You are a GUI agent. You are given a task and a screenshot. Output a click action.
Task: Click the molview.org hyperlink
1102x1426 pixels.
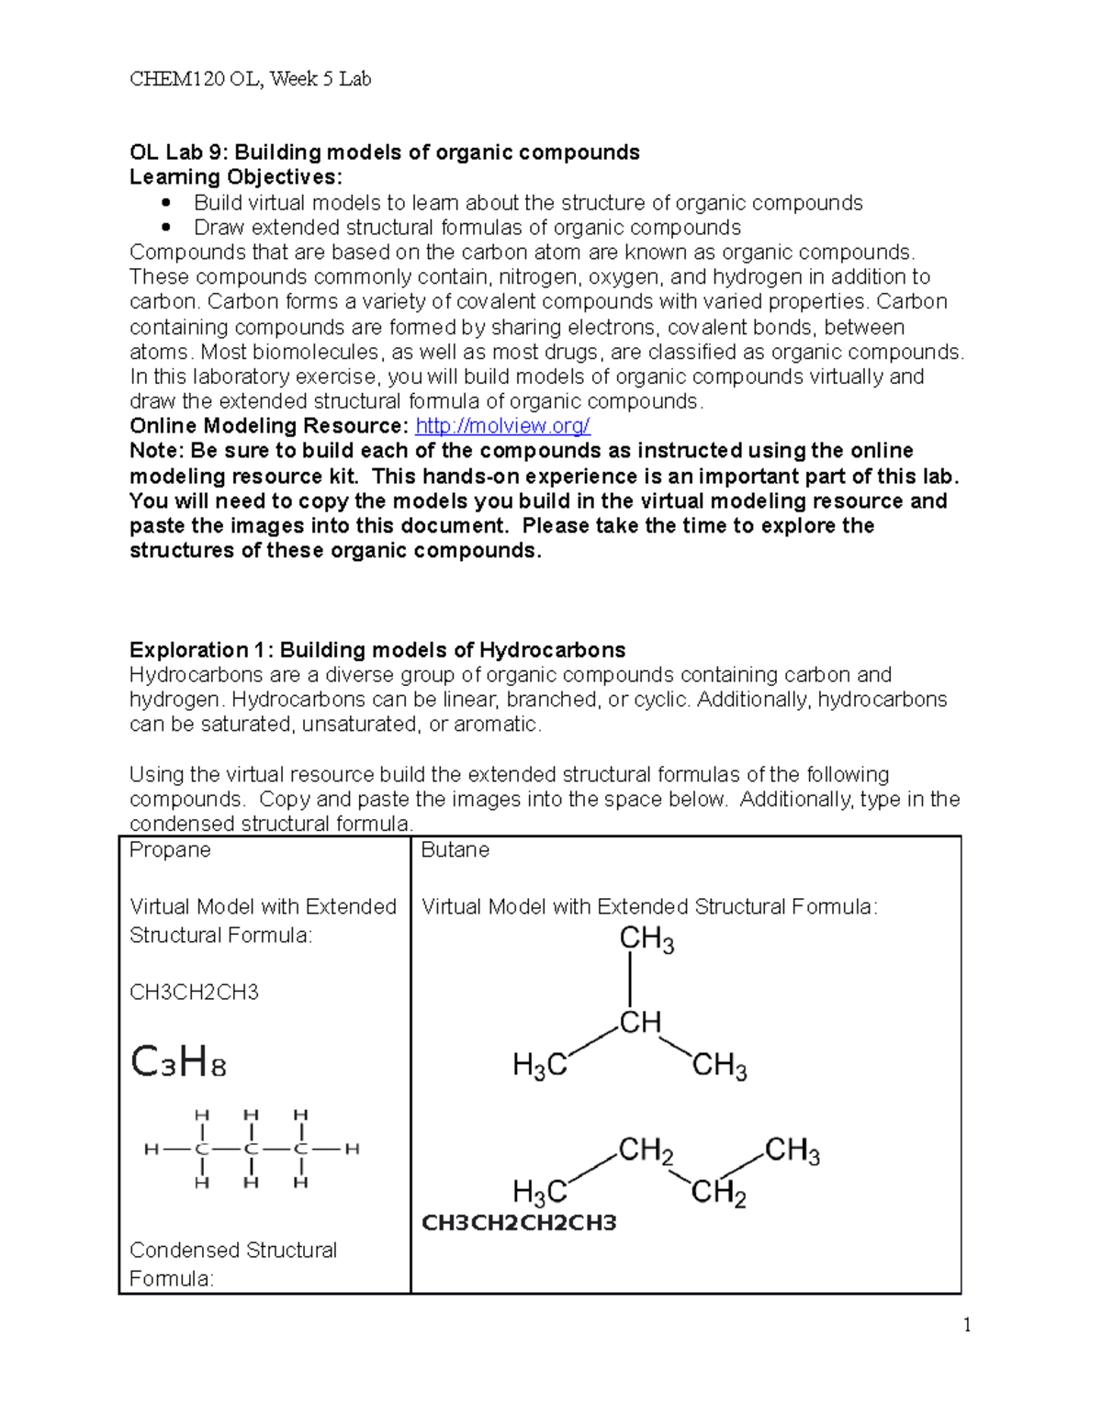(502, 426)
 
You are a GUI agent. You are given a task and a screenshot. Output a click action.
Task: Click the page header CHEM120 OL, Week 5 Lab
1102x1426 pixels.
(250, 79)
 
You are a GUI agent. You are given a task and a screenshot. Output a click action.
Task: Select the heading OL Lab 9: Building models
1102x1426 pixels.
(384, 152)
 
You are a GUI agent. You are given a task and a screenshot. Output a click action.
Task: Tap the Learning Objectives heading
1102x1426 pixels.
(235, 177)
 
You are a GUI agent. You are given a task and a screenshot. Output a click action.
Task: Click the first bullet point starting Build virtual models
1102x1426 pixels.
(528, 203)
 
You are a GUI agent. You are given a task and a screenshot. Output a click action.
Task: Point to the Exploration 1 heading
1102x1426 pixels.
(377, 650)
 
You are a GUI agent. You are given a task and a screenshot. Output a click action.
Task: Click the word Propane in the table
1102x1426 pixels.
(170, 850)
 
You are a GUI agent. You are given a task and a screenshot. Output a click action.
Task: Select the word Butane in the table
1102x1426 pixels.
(455, 850)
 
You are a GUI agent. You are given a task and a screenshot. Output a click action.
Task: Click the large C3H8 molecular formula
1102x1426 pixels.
(178, 1062)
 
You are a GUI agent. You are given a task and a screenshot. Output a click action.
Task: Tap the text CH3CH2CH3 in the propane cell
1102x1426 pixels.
(194, 993)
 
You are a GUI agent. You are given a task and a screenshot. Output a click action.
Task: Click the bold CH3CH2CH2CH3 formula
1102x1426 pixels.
(518, 1223)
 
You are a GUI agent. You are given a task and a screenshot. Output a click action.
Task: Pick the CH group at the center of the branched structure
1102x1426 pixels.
(639, 1022)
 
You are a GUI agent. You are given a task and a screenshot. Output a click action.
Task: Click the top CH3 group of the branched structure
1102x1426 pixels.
(647, 938)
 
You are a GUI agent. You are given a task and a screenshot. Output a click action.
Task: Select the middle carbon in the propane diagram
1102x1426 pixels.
(251, 1149)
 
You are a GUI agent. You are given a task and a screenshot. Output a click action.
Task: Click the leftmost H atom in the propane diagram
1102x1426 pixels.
(151, 1149)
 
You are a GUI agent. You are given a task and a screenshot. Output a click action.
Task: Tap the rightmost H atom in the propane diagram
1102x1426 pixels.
(352, 1149)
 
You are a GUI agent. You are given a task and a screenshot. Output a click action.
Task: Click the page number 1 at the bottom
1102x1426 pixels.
(966, 1325)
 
